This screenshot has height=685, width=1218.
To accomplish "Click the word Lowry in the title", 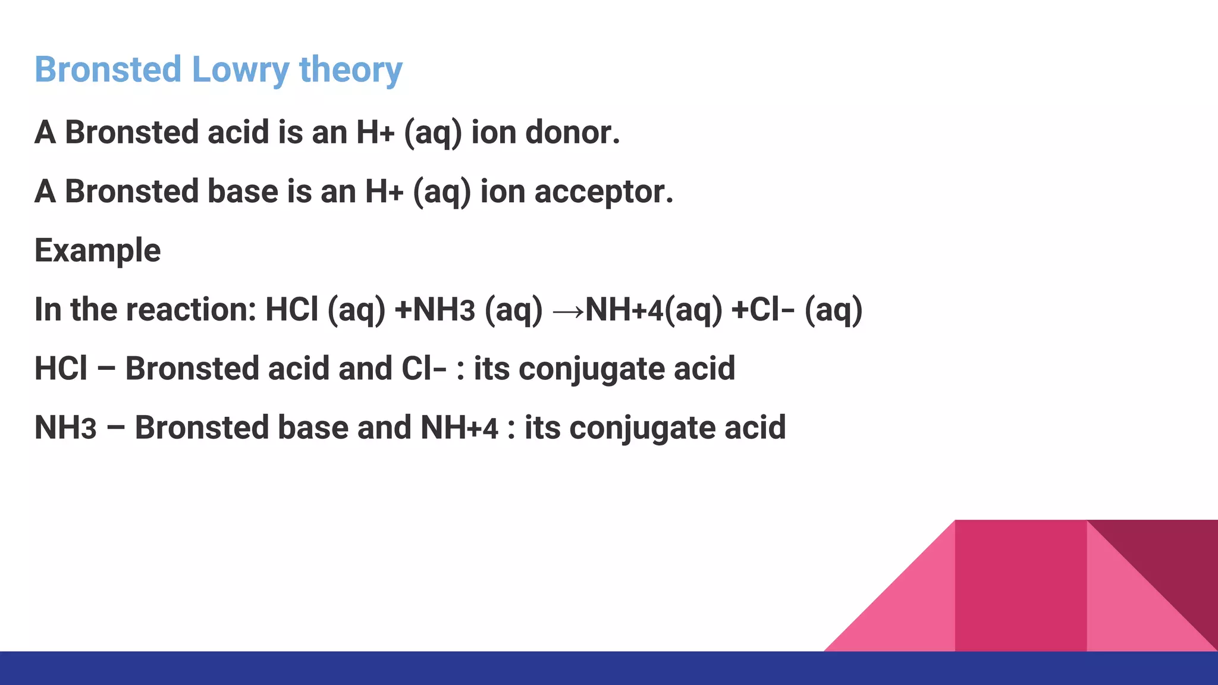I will pos(240,70).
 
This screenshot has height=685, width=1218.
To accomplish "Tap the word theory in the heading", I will pos(350,70).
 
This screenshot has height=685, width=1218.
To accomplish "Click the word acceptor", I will pos(603,191).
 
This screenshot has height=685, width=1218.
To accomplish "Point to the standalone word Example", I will pos(98,250).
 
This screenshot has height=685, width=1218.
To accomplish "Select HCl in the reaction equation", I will pos(291,310).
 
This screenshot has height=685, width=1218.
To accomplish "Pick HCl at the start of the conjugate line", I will pos(61,369).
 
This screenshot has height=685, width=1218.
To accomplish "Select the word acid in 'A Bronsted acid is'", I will pos(238,132).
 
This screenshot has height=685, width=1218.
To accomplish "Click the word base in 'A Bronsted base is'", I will pos(243,191).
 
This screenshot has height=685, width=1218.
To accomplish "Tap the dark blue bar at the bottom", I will pos(416,668).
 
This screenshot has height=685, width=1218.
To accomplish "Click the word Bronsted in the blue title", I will pos(108,70).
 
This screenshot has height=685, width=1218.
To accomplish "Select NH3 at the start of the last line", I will pos(65,428).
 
